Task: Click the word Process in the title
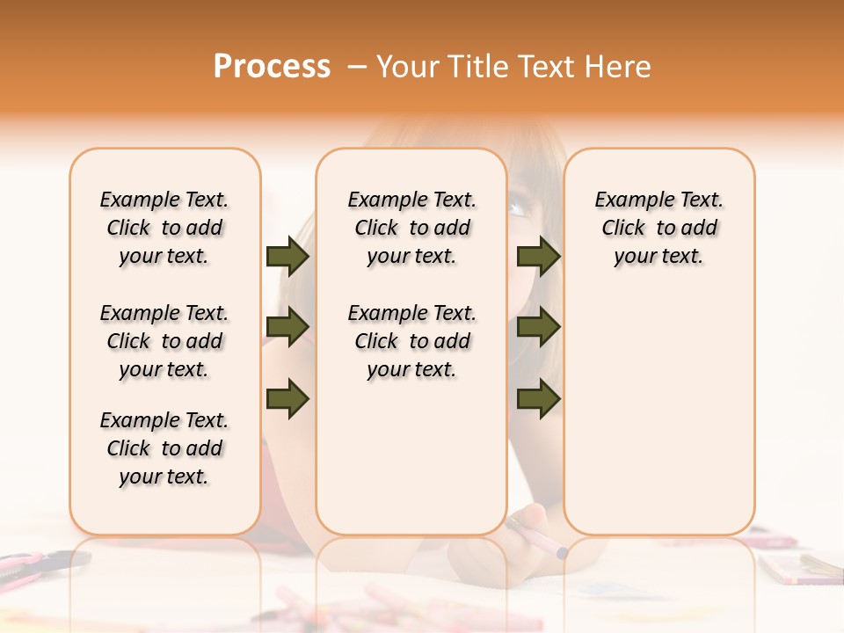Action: point(272,66)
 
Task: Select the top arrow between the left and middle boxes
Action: point(287,257)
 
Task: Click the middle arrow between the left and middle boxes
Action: point(287,327)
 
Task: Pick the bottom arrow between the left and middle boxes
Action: point(287,397)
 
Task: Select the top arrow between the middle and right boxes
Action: point(538,257)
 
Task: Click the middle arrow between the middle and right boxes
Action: point(538,327)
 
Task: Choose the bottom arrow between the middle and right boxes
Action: point(538,397)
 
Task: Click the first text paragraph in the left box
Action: point(164,228)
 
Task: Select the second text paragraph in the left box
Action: point(164,341)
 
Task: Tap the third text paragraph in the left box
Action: point(164,448)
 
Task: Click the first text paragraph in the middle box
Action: point(411,228)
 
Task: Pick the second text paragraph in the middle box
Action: point(411,341)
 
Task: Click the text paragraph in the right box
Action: point(659,228)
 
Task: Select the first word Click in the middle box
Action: point(376,229)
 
